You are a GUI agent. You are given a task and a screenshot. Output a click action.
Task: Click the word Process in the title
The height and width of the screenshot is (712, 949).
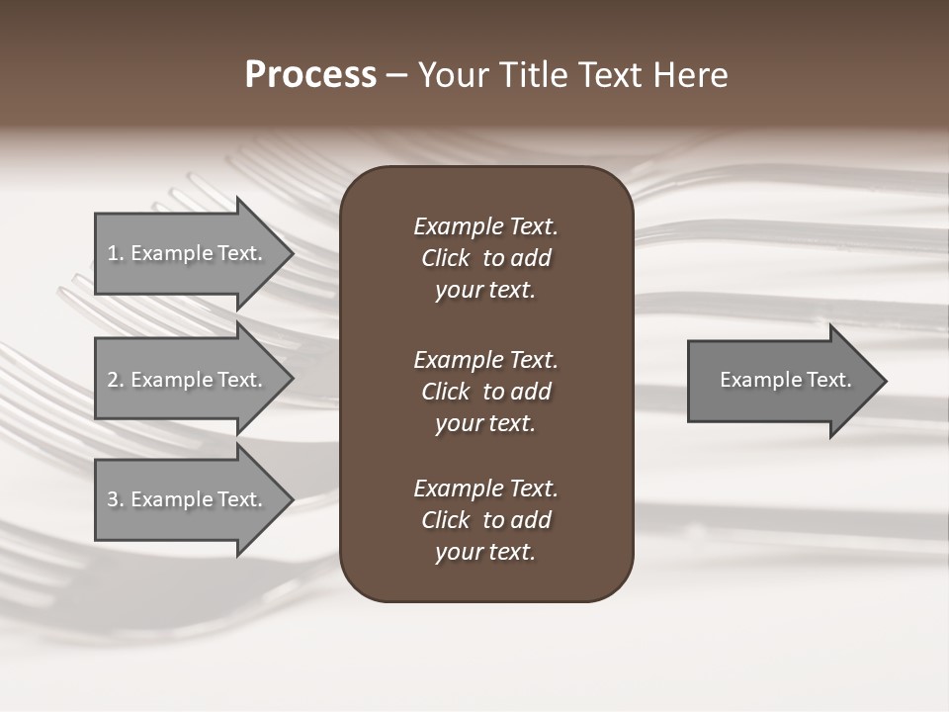310,75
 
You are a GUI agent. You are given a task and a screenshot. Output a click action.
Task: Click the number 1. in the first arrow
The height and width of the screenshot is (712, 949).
116,253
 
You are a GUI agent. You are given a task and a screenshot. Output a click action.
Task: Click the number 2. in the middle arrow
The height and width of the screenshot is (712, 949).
116,380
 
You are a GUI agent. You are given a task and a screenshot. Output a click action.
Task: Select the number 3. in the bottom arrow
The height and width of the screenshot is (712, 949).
116,499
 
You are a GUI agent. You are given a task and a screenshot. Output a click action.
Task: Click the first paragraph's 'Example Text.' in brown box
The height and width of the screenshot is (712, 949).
485,226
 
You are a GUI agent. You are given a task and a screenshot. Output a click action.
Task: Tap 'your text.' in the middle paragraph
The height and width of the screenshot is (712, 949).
485,423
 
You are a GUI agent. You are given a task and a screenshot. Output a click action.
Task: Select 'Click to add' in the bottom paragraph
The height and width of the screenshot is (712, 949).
485,520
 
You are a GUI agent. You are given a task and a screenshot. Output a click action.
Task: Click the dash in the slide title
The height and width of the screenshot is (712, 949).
397,76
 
